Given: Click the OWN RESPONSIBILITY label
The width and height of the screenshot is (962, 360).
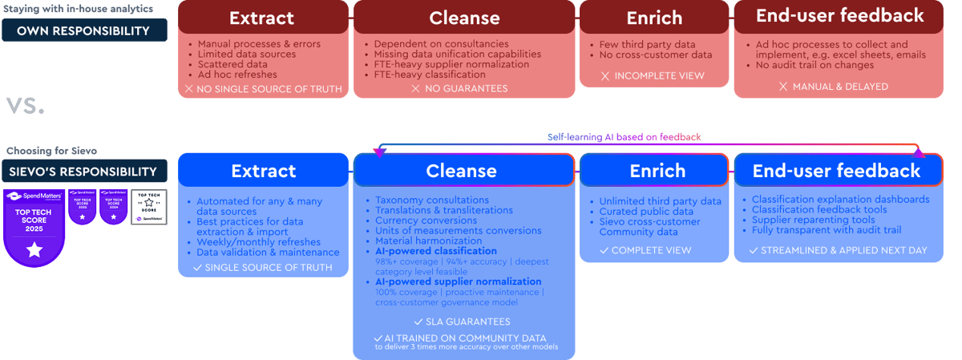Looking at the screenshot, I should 84,30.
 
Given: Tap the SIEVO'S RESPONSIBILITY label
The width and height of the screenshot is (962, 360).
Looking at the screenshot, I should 84,171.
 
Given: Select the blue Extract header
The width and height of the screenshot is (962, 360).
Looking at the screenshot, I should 263,170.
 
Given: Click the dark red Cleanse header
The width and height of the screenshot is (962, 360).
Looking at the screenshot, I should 464,18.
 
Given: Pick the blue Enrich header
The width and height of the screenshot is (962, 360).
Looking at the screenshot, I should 657,170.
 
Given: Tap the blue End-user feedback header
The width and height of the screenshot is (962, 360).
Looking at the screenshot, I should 836,170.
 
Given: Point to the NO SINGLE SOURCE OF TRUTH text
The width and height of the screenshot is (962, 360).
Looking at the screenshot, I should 269,88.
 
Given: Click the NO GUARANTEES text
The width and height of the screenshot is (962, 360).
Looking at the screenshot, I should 465,88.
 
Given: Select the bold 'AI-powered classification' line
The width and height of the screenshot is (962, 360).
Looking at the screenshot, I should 435,251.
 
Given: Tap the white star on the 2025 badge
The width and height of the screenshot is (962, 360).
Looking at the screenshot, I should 34,251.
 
